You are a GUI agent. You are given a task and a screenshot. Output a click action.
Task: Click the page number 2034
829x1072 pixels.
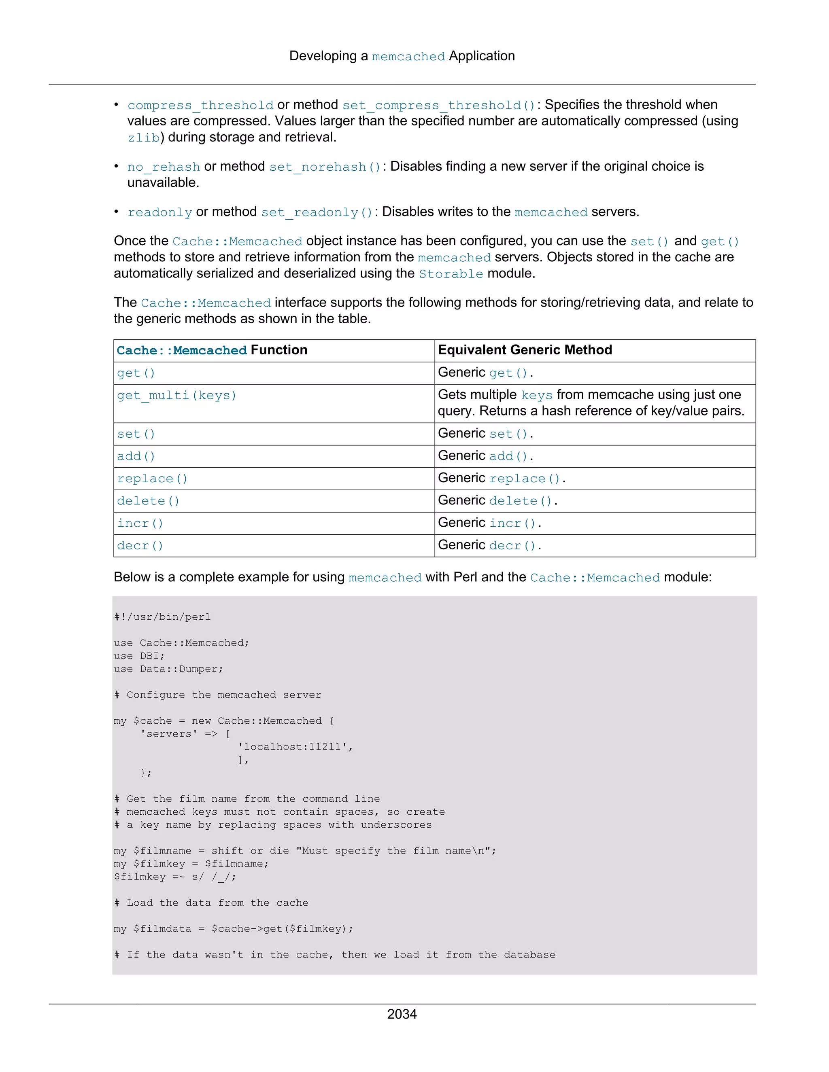[x=402, y=1014]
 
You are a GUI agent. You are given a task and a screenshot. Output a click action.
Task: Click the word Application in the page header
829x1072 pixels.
[x=482, y=56]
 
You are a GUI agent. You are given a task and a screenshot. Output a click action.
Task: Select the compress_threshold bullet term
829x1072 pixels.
[x=200, y=105]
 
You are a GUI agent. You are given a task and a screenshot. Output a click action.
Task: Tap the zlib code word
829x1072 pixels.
[x=143, y=138]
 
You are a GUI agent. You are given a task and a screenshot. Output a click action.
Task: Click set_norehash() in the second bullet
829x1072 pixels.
[x=325, y=167]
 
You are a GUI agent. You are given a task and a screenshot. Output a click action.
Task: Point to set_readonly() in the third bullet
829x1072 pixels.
[x=317, y=212]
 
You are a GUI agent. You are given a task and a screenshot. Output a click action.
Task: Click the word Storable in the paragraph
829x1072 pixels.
[x=451, y=274]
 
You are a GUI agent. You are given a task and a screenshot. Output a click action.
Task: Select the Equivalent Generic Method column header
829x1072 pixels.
[x=525, y=350]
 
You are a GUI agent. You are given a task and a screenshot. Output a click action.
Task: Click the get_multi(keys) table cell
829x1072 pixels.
[x=177, y=396]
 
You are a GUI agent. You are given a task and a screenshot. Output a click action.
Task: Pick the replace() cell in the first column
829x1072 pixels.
[x=152, y=479]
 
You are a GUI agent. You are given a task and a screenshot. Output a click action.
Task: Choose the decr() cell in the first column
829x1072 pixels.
[x=140, y=546]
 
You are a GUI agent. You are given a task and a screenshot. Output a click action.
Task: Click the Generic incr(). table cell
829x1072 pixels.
[x=489, y=523]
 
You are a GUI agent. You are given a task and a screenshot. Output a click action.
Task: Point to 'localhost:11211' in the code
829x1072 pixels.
[x=295, y=747]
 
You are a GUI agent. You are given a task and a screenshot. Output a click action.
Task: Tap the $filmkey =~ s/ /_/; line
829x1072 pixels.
[x=175, y=877]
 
